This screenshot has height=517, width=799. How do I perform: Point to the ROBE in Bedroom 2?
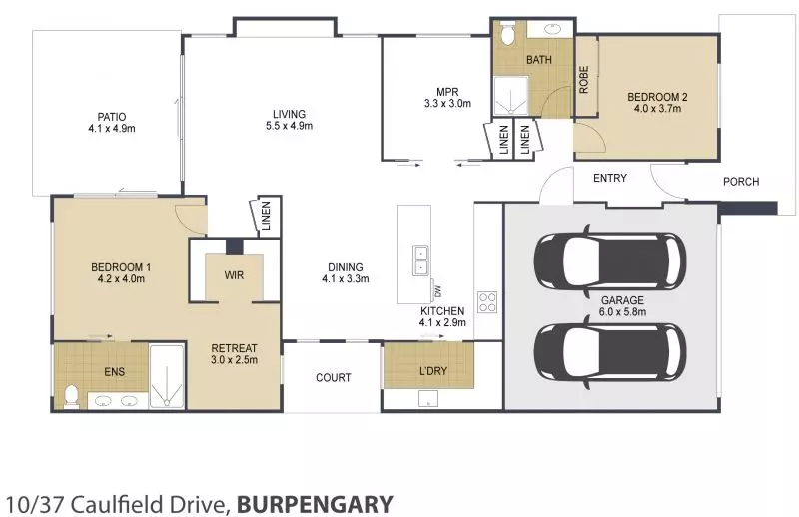[x=584, y=79]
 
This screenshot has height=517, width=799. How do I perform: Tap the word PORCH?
[x=741, y=182]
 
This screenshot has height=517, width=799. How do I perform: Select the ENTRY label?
[x=609, y=179]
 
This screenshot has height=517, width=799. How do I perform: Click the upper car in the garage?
[x=609, y=261]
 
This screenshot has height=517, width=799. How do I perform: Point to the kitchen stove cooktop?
[x=487, y=301]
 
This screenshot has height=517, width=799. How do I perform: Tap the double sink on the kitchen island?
[x=420, y=259]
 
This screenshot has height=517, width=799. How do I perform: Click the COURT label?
[x=333, y=377]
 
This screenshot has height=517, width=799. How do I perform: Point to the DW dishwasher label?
[x=436, y=291]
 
